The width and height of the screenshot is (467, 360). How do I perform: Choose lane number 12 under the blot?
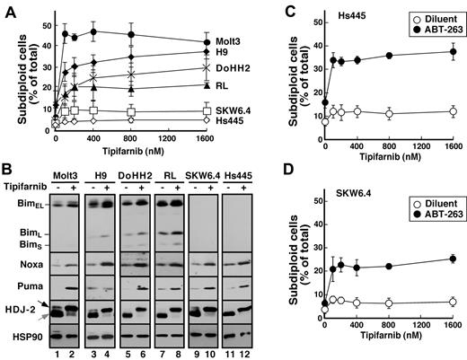point(250,355)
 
